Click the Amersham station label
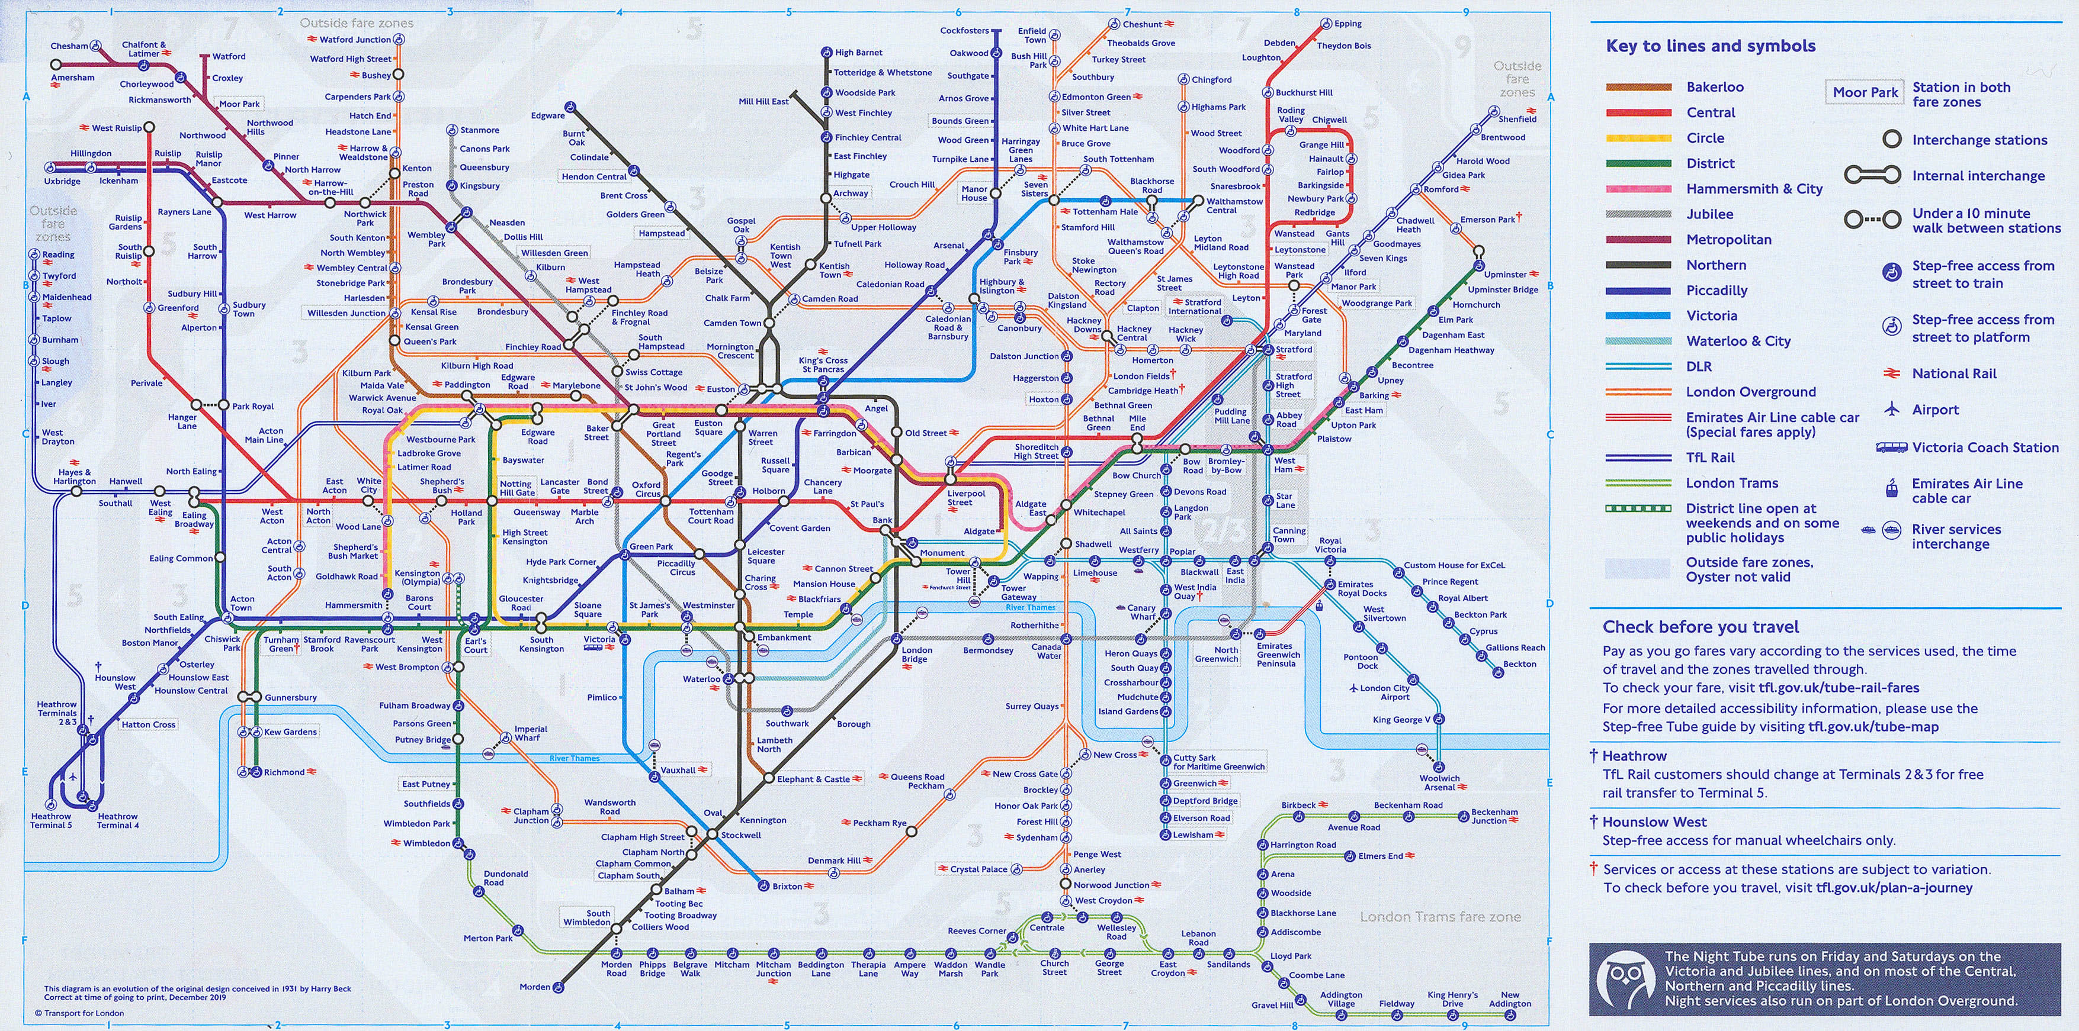(73, 78)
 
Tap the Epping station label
(1348, 24)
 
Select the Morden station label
(534, 987)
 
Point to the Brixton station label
(787, 887)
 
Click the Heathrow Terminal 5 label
(52, 820)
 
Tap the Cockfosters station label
(964, 31)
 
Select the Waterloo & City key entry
(1738, 341)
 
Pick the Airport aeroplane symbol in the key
(1891, 409)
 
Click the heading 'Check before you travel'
(1701, 627)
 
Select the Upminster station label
(1505, 274)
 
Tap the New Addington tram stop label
(1509, 1000)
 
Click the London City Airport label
(1384, 692)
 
